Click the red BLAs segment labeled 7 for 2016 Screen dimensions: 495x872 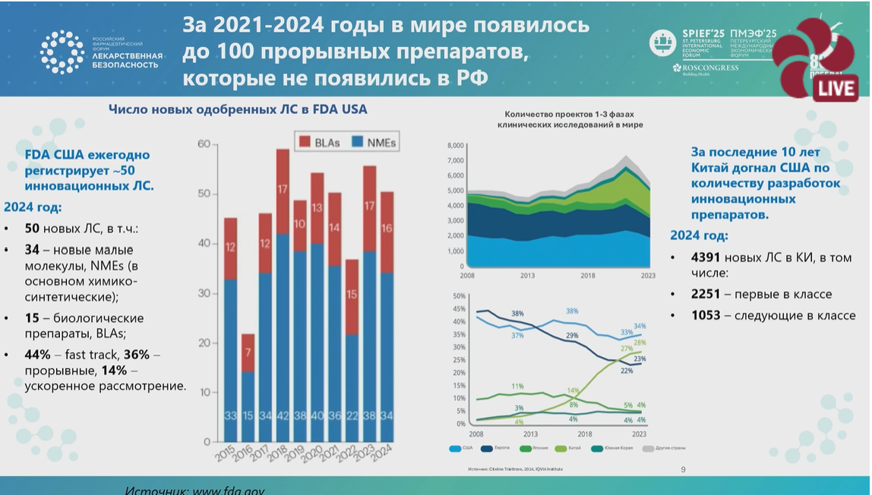pyautogui.click(x=247, y=352)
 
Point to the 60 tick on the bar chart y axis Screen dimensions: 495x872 pyautogui.click(x=204, y=144)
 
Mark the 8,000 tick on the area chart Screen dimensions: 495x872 pyautogui.click(x=455, y=145)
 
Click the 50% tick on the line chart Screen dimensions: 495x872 pyautogui.click(x=458, y=295)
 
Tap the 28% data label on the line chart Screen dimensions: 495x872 pyautogui.click(x=640, y=343)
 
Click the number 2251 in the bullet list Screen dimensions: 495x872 pyautogui.click(x=705, y=294)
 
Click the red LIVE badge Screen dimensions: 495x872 pyautogui.click(x=835, y=87)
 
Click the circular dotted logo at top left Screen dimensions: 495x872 pyautogui.click(x=62, y=52)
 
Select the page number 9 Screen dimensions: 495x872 pyautogui.click(x=683, y=469)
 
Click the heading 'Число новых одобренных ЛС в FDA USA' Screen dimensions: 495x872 pyautogui.click(x=238, y=109)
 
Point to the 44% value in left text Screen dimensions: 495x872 pyautogui.click(x=37, y=355)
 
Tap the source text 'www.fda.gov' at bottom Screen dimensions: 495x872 pyautogui.click(x=228, y=490)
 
